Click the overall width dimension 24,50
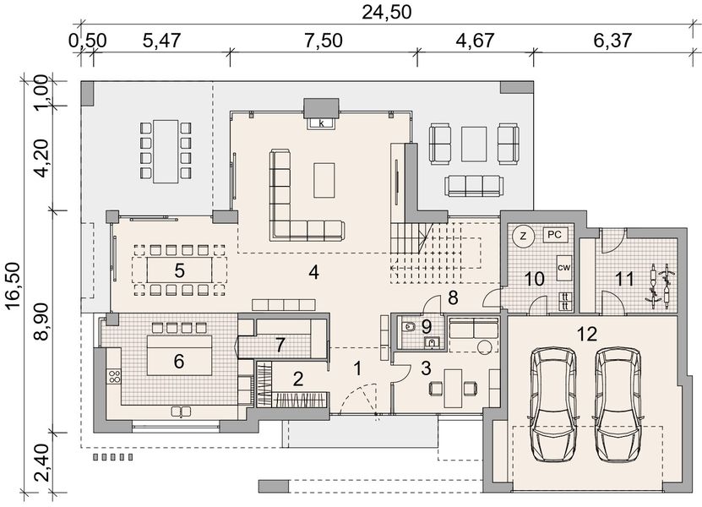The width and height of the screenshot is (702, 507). tap(386, 12)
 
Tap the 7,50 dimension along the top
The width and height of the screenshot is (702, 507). tap(324, 41)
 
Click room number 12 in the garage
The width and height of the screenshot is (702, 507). tap(587, 334)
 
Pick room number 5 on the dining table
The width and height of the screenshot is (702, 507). tap(180, 270)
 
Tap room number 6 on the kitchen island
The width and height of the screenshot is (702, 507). tap(179, 361)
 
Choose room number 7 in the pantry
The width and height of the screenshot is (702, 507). tap(280, 345)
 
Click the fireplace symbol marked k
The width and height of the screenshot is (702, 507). tap(322, 123)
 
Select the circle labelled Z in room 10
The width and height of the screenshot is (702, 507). tap(522, 235)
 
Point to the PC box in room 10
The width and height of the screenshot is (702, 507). tap(555, 235)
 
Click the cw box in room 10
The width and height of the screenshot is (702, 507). tap(564, 268)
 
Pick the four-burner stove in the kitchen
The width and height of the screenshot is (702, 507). tap(114, 376)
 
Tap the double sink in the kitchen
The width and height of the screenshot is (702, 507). tap(181, 411)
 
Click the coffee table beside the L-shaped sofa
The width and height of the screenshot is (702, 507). tap(324, 180)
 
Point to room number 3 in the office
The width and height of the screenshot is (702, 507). tap(426, 368)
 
